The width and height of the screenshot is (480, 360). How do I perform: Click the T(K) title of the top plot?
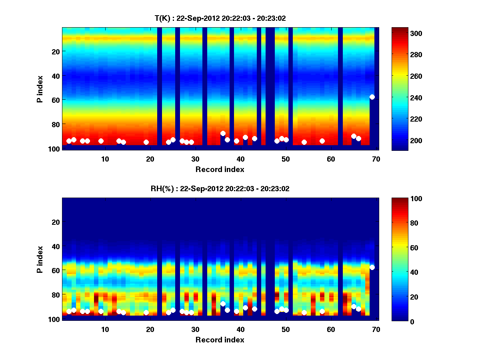pos(220,18)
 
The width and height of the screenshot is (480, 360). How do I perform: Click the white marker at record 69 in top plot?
pos(372,97)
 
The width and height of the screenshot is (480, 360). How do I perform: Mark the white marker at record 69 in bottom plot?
pos(372,267)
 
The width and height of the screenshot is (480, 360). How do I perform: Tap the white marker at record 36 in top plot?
pos(223,134)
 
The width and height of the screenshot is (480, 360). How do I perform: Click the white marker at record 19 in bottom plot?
pos(146,312)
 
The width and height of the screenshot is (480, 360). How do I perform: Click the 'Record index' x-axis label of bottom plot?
pos(220,340)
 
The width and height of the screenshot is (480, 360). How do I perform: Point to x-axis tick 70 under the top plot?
pos(376,159)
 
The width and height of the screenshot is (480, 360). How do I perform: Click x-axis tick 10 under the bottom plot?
pos(105,329)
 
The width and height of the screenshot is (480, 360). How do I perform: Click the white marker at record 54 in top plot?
pos(304,142)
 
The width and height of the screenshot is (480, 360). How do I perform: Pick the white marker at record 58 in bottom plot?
pos(322,311)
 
